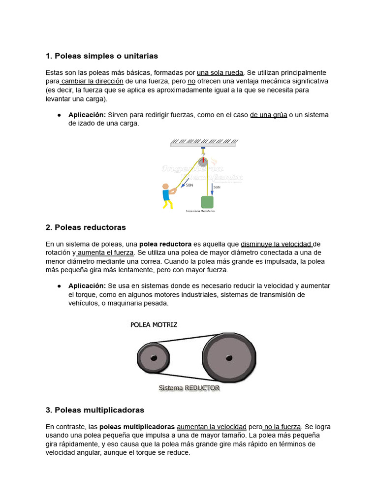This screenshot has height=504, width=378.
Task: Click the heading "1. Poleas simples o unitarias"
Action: tap(101, 56)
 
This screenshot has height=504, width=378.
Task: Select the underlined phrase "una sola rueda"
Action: tap(220, 72)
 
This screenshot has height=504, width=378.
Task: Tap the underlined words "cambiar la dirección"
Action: tap(92, 81)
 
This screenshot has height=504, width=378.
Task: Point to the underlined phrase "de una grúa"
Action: tap(268, 115)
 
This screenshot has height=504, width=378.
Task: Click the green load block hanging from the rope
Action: tap(207, 202)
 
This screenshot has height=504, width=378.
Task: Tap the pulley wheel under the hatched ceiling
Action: tap(203, 162)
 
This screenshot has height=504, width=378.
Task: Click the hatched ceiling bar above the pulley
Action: tap(203, 142)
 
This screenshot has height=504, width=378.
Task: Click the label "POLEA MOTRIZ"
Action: tap(154, 325)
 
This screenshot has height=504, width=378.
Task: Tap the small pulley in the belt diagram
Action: tap(153, 358)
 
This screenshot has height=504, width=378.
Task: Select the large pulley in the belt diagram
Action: tap(229, 357)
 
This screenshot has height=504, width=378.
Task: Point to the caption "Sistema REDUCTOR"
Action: tap(189, 388)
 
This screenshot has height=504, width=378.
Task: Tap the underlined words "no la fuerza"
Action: tap(282, 426)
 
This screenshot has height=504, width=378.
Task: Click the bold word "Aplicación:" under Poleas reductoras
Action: tap(87, 286)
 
